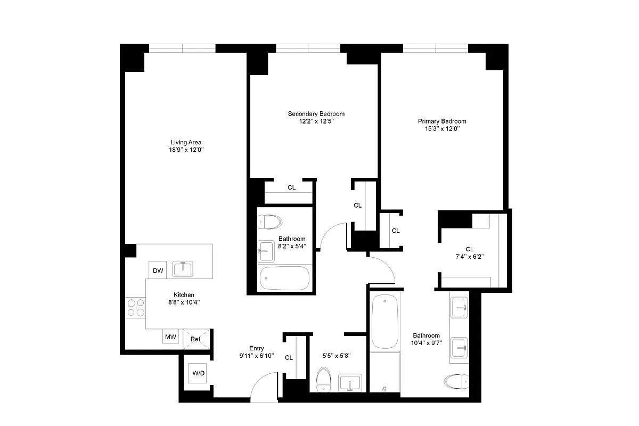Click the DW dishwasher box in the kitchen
point(158,271)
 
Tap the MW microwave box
point(170,337)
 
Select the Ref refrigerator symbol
point(195,338)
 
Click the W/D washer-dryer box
point(198,373)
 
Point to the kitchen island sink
point(184,269)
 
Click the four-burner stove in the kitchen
point(135,307)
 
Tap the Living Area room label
point(186,142)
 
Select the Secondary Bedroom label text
point(316,114)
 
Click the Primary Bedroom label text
point(441,121)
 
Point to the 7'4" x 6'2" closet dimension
point(469,256)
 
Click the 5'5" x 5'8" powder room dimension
point(337,355)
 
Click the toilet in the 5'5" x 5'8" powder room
point(323,380)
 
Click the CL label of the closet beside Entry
point(289,358)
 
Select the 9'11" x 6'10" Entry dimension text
point(256,356)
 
